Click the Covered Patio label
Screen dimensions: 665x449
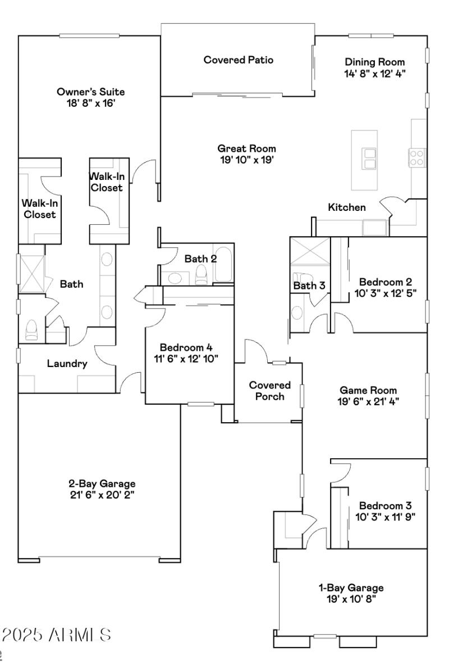[239, 60]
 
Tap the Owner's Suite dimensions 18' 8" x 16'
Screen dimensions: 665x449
[90, 104]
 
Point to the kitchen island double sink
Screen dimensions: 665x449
[369, 159]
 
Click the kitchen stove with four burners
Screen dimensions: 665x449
[416, 157]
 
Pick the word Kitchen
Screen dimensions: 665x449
[347, 207]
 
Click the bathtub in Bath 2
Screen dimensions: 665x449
[223, 264]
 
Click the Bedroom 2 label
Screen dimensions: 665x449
[382, 282]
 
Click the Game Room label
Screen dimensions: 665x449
[369, 390]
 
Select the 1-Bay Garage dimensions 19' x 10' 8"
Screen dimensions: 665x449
[352, 599]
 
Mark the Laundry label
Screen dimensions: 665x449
[67, 364]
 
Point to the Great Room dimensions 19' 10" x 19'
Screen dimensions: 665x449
[247, 159]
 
